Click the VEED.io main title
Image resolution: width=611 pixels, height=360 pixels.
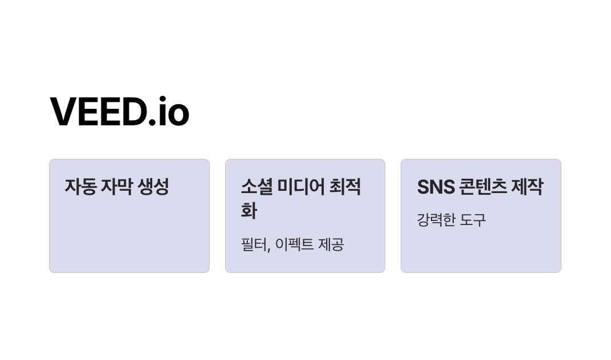pyautogui.click(x=120, y=112)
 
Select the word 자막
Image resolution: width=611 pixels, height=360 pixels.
pyautogui.click(x=116, y=187)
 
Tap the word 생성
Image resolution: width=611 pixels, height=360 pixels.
pyautogui.click(x=153, y=187)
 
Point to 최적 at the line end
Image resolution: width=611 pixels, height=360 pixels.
pyautogui.click(x=345, y=187)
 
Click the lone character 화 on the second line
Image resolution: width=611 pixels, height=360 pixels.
pyautogui.click(x=249, y=211)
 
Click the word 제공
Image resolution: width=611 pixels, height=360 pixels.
pyautogui.click(x=332, y=245)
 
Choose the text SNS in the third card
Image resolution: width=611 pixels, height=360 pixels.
pyautogui.click(x=435, y=187)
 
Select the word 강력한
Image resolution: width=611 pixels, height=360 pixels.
pyautogui.click(x=437, y=220)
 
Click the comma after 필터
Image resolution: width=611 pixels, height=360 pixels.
pyautogui.click(x=268, y=249)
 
